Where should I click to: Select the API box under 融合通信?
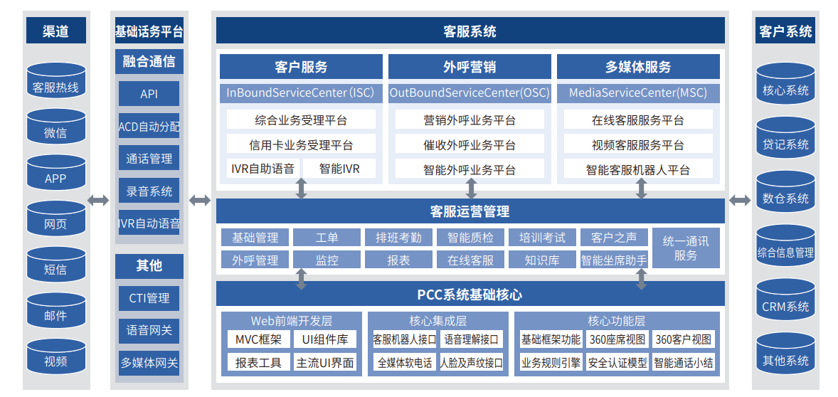[149, 94]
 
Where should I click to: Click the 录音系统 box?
[149, 191]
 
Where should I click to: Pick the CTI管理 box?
[149, 297]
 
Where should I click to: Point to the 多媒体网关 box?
[149, 362]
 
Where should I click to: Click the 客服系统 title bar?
[470, 31]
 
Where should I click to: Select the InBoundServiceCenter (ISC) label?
[300, 92]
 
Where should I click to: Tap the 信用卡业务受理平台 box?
[301, 144]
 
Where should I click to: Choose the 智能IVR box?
[339, 169]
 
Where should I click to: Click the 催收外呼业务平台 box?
[470, 144]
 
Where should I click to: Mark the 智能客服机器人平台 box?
[638, 169]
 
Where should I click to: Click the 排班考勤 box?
[398, 238]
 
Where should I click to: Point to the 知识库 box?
[542, 260]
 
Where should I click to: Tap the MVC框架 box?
[258, 339]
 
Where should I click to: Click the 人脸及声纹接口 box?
[472, 362]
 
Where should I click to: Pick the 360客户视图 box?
[683, 339]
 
